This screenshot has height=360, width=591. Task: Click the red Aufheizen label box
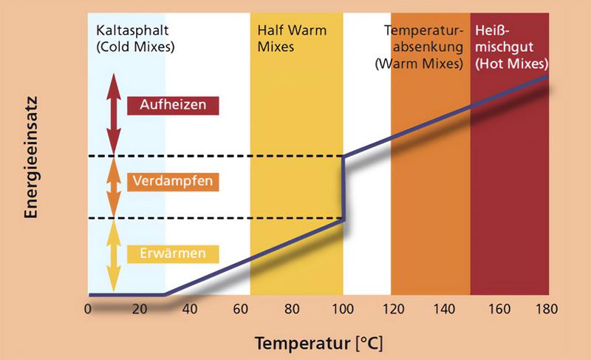pyautogui.click(x=173, y=106)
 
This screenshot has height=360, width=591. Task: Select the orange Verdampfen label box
pyautogui.click(x=173, y=182)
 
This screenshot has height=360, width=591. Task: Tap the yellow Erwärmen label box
pyautogui.click(x=173, y=254)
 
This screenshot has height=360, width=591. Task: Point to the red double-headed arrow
pyautogui.click(x=114, y=115)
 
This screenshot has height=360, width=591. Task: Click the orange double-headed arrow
pyautogui.click(x=114, y=187)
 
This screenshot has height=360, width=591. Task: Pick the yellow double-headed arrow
pyautogui.click(x=114, y=257)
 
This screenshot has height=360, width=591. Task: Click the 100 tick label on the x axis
pyautogui.click(x=343, y=309)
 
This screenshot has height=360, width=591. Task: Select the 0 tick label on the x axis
pyautogui.click(x=88, y=309)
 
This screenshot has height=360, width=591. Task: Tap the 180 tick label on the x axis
pyautogui.click(x=547, y=309)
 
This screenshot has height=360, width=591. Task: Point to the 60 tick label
pyautogui.click(x=241, y=309)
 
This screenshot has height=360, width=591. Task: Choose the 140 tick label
pyautogui.click(x=444, y=309)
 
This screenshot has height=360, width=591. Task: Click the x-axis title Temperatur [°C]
pyautogui.click(x=319, y=344)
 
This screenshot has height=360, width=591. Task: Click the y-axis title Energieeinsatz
pyautogui.click(x=31, y=157)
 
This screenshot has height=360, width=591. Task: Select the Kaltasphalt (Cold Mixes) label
pyautogui.click(x=135, y=39)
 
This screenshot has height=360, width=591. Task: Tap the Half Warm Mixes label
pyautogui.click(x=292, y=39)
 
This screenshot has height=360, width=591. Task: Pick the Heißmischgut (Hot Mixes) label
pyautogui.click(x=511, y=47)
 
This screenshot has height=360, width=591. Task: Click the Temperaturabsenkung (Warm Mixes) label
pyautogui.click(x=419, y=47)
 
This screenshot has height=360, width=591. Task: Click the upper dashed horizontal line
pyautogui.click(x=215, y=156)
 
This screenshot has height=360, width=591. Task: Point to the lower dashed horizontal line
pyautogui.click(x=215, y=218)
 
